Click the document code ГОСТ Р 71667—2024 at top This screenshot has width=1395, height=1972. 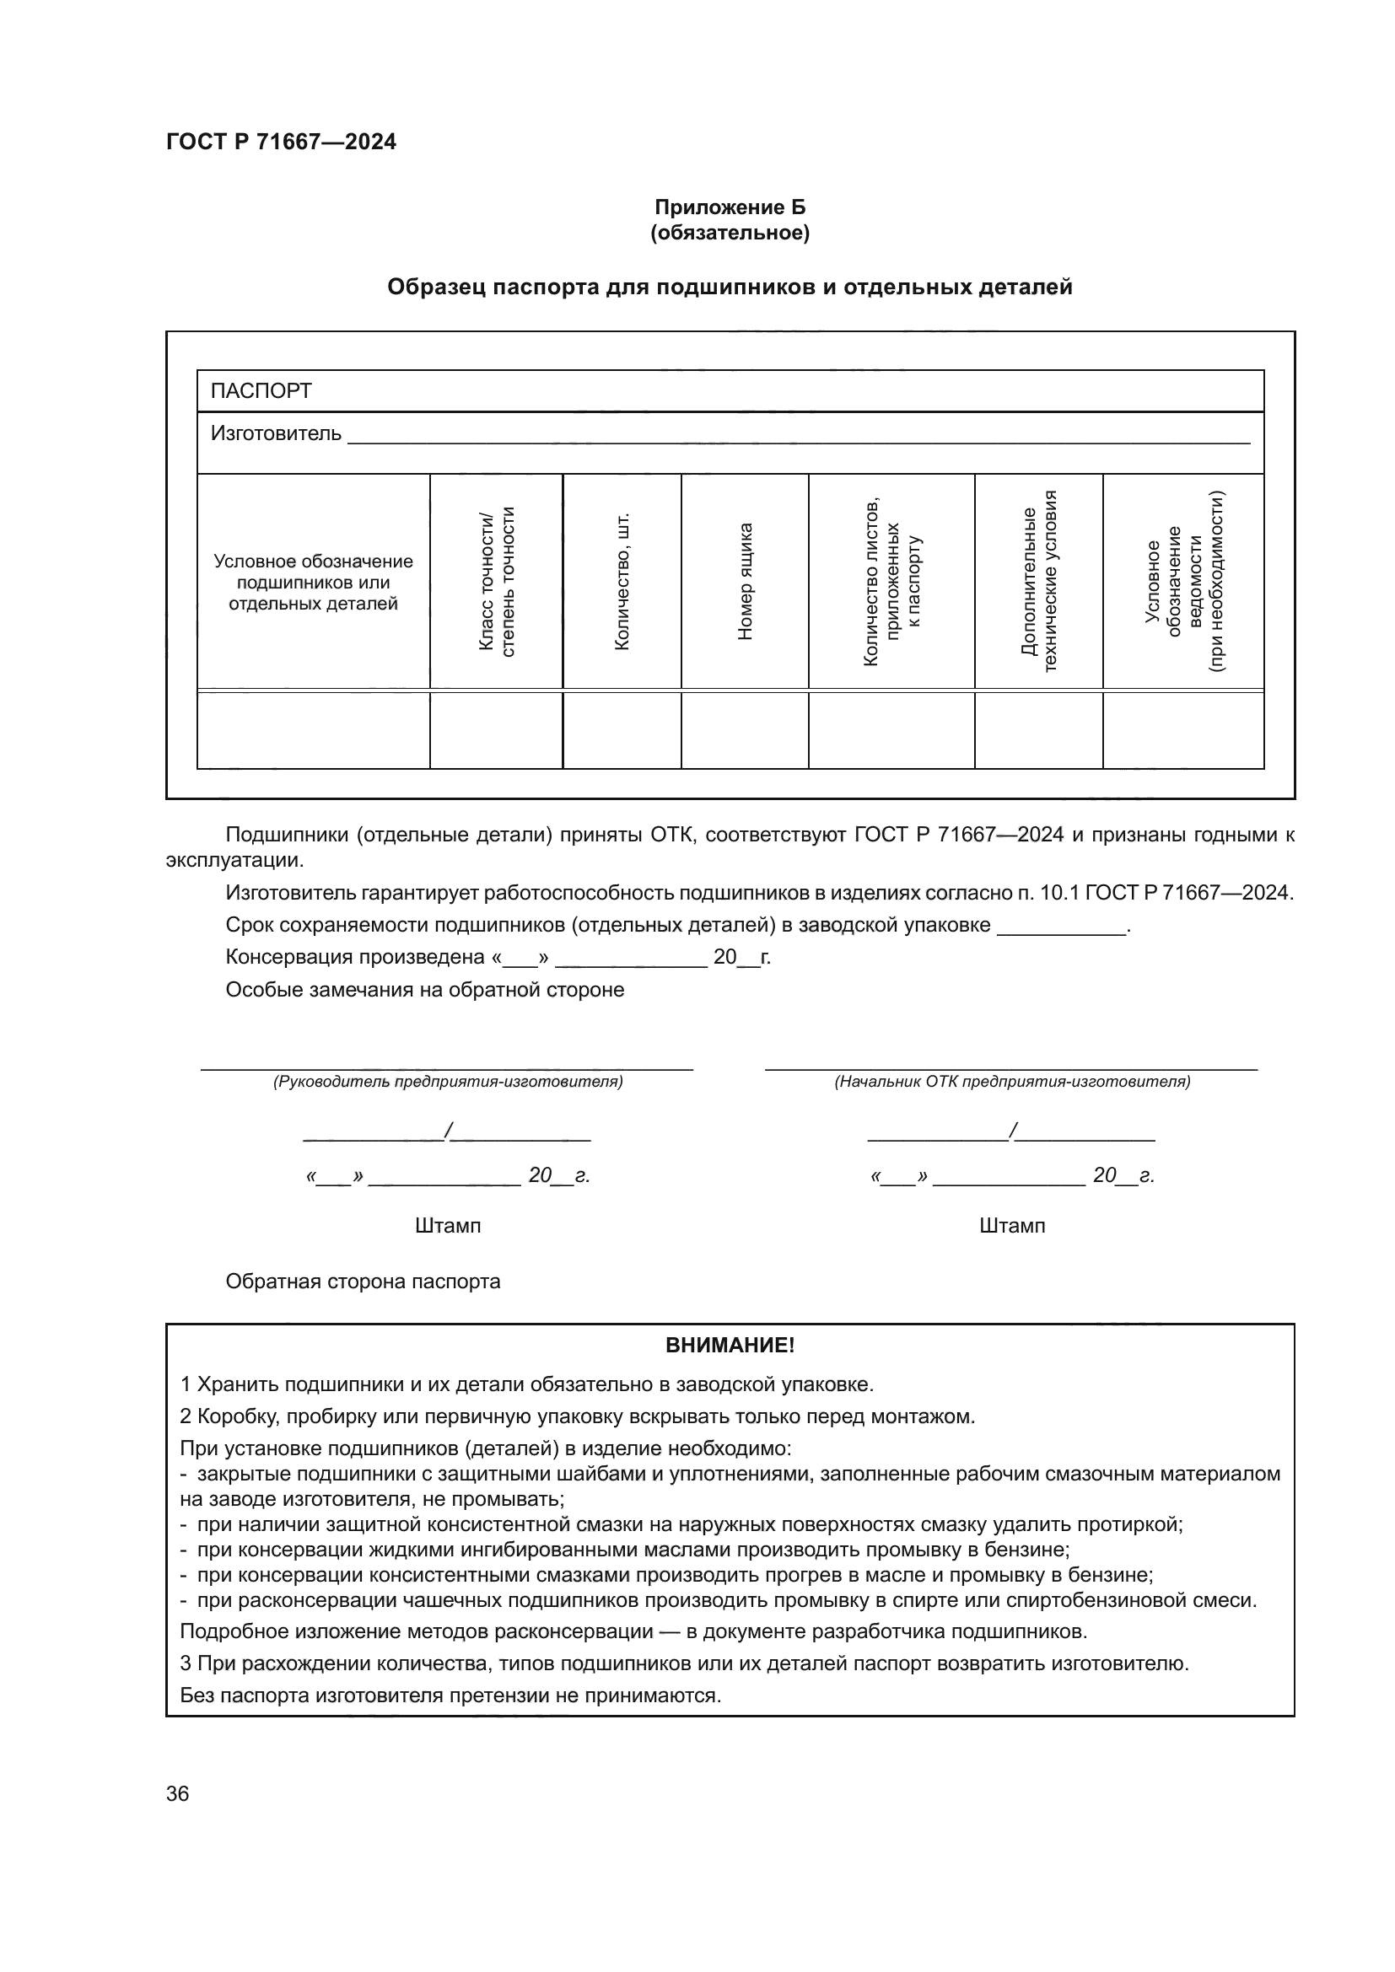coord(281,142)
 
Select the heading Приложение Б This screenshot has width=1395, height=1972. coord(730,207)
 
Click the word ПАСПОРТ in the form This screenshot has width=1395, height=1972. coord(261,391)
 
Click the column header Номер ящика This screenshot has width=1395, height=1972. coord(745,582)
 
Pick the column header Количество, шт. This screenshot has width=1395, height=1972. coord(622,582)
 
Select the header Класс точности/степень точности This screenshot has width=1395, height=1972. coord(497,582)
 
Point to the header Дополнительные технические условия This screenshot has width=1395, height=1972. coord(1038,582)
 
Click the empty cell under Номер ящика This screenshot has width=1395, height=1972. coord(745,730)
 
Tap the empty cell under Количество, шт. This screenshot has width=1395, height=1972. coord(622,730)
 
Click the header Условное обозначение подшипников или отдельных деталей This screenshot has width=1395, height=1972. coord(313,583)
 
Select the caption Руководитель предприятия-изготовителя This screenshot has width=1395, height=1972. coord(448,1082)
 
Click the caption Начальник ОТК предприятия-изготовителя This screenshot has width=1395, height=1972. coord(1012,1082)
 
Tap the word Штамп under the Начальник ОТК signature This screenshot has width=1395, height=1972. coord(1012,1226)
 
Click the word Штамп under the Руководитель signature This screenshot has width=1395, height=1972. coord(448,1226)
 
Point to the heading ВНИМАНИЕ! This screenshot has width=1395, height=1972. coord(730,1345)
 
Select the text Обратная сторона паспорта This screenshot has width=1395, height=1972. coord(363,1282)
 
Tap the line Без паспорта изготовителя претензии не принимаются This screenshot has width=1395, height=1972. coord(450,1695)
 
